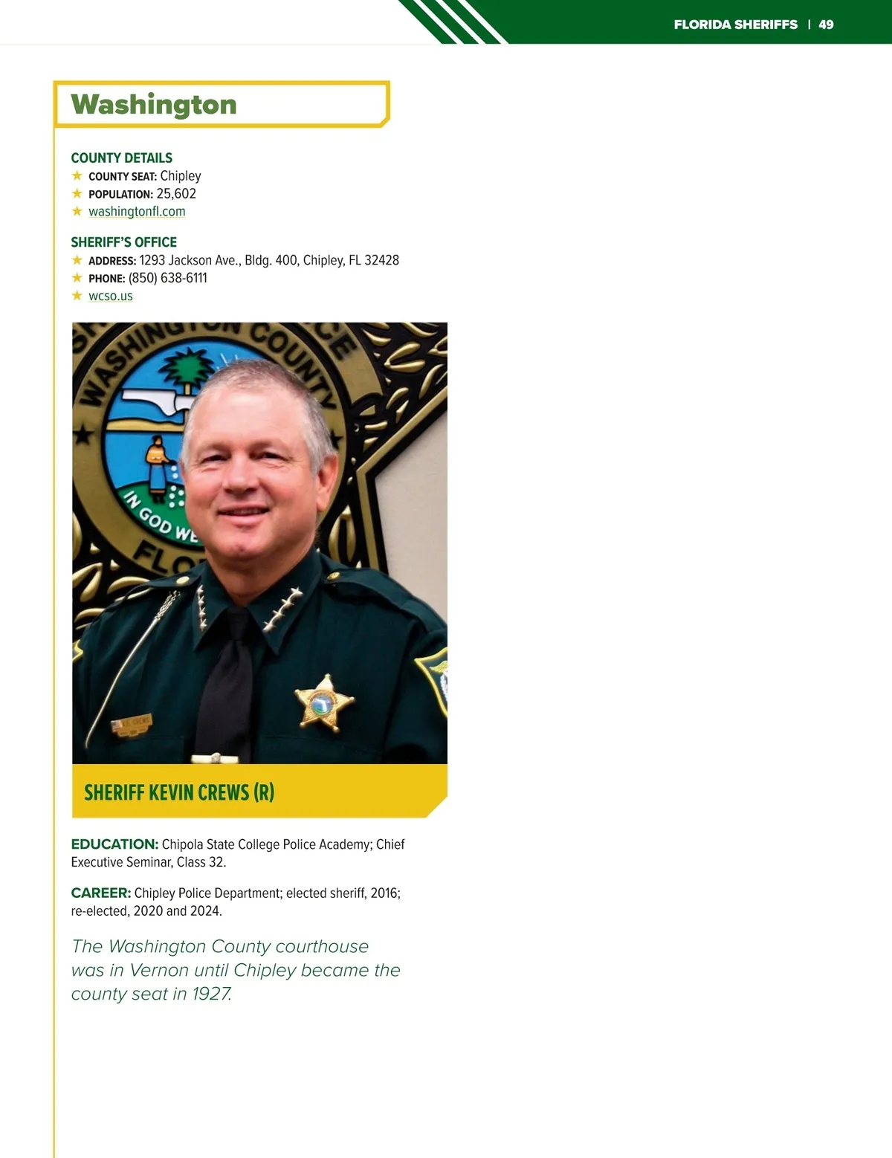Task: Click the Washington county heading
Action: pyautogui.click(x=154, y=105)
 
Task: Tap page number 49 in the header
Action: pyautogui.click(x=826, y=25)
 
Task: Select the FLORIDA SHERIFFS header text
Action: pyautogui.click(x=735, y=25)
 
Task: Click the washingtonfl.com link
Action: pyautogui.click(x=137, y=211)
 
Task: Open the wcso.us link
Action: pyautogui.click(x=111, y=296)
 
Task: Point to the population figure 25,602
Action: pyautogui.click(x=176, y=193)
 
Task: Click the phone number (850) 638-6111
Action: pyautogui.click(x=168, y=278)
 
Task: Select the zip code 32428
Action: pyautogui.click(x=381, y=260)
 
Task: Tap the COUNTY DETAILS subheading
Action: pyautogui.click(x=122, y=158)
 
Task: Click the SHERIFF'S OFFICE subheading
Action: pyautogui.click(x=124, y=242)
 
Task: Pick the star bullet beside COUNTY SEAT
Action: pyautogui.click(x=77, y=176)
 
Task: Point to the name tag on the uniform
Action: pyautogui.click(x=132, y=724)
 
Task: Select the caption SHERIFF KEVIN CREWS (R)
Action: pyautogui.click(x=179, y=792)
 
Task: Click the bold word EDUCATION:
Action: pyautogui.click(x=114, y=844)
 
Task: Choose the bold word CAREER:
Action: pyautogui.click(x=101, y=893)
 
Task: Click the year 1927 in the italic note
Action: pyautogui.click(x=212, y=994)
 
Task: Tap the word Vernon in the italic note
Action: pyautogui.click(x=159, y=970)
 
